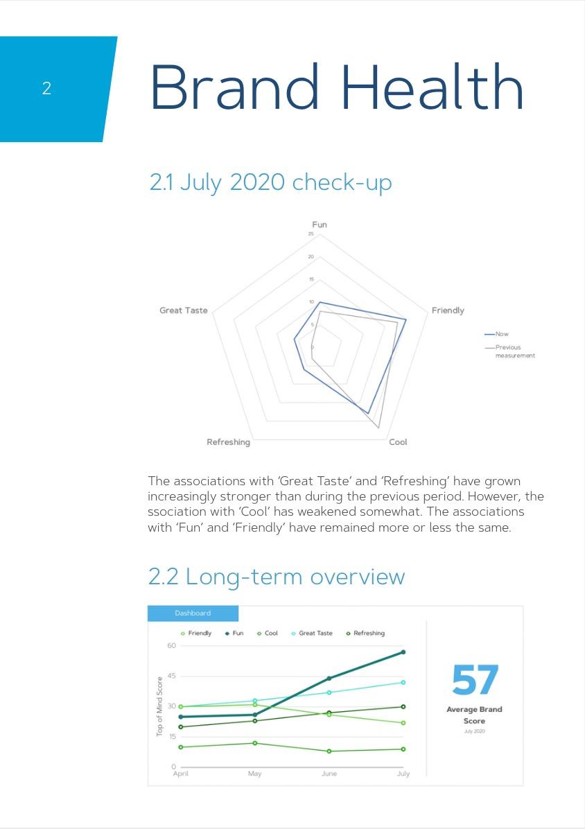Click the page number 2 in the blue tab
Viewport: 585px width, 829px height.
tap(46, 89)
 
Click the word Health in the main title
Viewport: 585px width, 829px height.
tap(432, 87)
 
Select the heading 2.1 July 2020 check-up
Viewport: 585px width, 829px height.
tap(270, 182)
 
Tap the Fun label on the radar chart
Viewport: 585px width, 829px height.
tap(320, 225)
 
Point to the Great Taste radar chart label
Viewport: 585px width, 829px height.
tap(183, 311)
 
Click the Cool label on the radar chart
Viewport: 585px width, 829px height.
tap(398, 442)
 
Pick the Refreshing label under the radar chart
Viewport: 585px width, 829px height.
tap(228, 442)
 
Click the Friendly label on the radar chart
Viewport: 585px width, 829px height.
tap(448, 311)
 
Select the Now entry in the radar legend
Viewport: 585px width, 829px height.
tap(501, 334)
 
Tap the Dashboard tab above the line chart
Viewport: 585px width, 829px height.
tap(193, 613)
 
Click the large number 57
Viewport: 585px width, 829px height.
tap(475, 681)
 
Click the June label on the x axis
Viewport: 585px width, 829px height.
tap(329, 774)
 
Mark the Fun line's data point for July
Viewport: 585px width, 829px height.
tap(403, 652)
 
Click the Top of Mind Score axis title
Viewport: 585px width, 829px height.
tap(159, 706)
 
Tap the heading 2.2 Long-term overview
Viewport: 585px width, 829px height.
tap(277, 577)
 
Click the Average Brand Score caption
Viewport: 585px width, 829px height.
tap(474, 715)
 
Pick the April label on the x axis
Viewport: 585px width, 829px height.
tap(180, 774)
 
